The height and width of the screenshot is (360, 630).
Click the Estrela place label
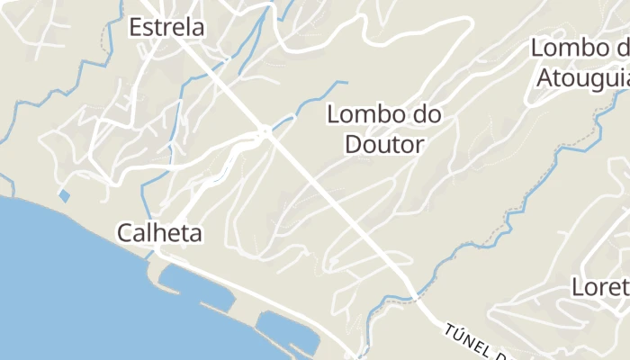[x=166, y=27]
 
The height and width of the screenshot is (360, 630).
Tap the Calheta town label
[x=159, y=233]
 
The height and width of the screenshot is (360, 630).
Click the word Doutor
[x=384, y=144]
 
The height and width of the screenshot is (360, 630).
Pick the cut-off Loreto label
[x=601, y=287]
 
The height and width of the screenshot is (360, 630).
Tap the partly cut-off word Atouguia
[x=582, y=77]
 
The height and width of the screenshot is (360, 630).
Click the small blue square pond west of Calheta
[x=64, y=194]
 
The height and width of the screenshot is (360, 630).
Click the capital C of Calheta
[x=124, y=234]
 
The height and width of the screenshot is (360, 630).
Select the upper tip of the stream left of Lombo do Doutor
[x=344, y=83]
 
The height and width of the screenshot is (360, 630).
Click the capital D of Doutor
[x=354, y=144]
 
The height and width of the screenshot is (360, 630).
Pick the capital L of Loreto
[x=579, y=287]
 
